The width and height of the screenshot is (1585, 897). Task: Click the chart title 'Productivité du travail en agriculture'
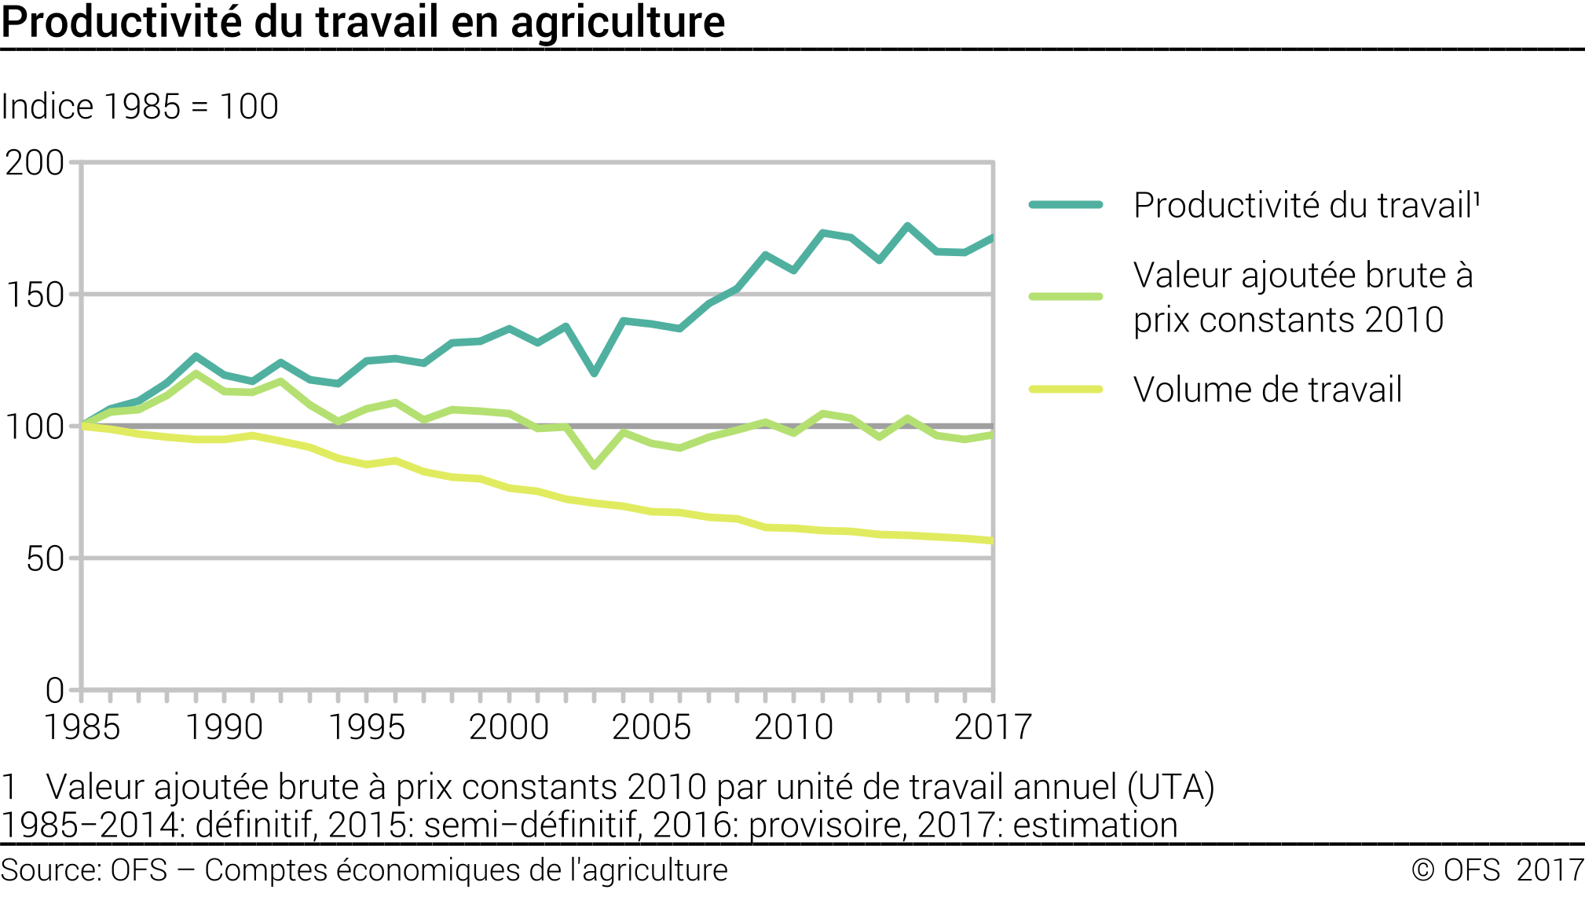pos(363,22)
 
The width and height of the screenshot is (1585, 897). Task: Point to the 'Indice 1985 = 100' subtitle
pos(140,107)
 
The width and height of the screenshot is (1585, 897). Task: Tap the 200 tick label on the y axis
pos(35,163)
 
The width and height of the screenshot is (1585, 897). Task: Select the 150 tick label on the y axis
pos(35,295)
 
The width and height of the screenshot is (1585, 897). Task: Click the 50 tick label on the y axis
pos(45,559)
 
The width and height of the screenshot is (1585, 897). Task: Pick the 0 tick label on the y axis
pos(54,691)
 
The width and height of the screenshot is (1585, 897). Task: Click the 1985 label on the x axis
pos(82,727)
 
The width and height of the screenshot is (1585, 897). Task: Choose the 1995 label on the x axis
pos(367,727)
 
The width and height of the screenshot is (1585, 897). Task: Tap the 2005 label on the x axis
pos(651,727)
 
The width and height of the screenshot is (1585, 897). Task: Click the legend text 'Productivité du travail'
pos(1306,206)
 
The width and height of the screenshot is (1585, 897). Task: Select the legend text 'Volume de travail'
pos(1267,390)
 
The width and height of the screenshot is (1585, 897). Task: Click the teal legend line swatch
pos(1066,205)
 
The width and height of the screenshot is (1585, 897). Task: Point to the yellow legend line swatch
pos(1066,390)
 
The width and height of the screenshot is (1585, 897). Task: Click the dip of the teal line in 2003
pos(595,373)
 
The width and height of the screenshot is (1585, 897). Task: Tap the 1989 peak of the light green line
pos(196,374)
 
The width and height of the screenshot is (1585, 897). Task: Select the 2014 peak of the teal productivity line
pos(907,226)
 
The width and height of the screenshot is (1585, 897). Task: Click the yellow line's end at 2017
pos(992,540)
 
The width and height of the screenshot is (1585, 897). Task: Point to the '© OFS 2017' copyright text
pos(1497,870)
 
